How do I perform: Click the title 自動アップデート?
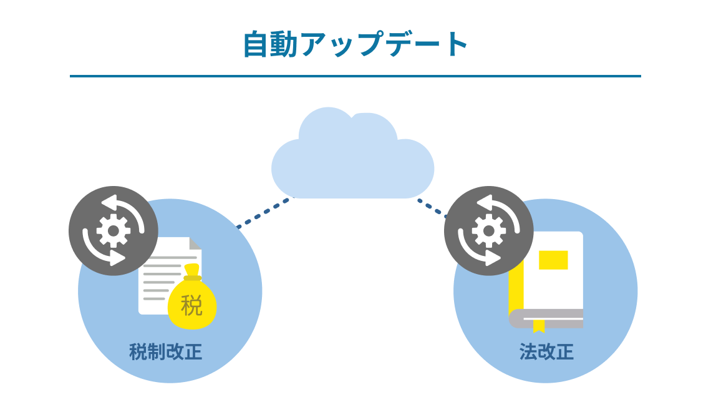(356, 44)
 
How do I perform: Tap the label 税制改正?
(166, 352)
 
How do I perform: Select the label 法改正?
(546, 352)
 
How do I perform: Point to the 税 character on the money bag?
(192, 305)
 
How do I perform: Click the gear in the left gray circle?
(113, 231)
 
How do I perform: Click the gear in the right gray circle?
(488, 231)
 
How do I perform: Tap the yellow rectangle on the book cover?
(553, 260)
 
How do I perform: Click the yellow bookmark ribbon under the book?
(538, 325)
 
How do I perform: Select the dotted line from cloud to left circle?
(263, 213)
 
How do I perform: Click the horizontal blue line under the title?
(356, 76)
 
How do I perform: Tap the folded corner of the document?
(195, 243)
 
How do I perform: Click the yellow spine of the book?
(516, 287)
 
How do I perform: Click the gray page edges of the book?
(549, 318)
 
